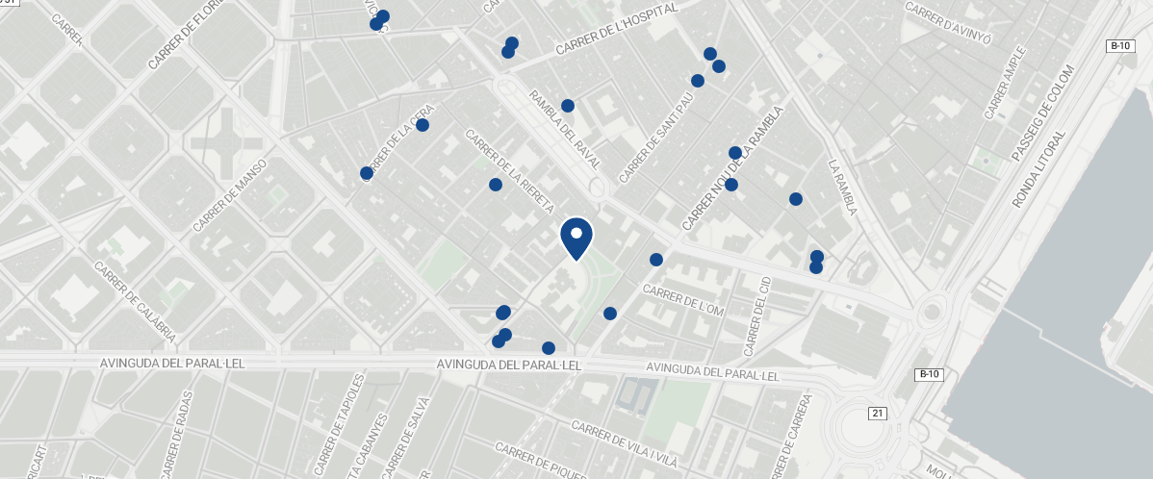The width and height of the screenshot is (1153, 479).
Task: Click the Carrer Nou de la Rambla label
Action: tap(733, 167)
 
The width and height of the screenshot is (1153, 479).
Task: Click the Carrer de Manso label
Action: tap(229, 196)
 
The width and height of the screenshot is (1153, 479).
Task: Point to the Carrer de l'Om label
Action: tap(681, 298)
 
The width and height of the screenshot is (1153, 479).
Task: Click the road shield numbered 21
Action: tap(877, 414)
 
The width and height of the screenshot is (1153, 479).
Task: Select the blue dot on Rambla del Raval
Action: tap(568, 106)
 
